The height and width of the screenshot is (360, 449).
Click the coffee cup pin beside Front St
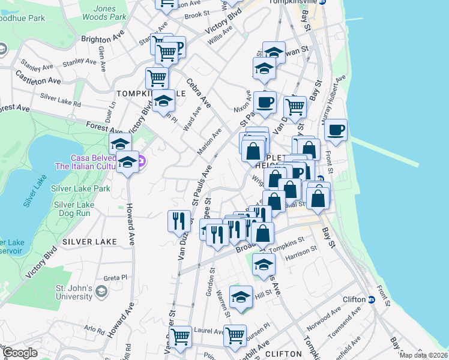[x=336, y=129]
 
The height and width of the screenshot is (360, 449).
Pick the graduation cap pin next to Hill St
[x=241, y=297]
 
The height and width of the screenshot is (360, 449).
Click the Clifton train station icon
[x=372, y=299]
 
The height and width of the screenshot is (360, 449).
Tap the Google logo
[x=20, y=353]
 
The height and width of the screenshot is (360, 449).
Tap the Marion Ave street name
[x=209, y=141]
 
